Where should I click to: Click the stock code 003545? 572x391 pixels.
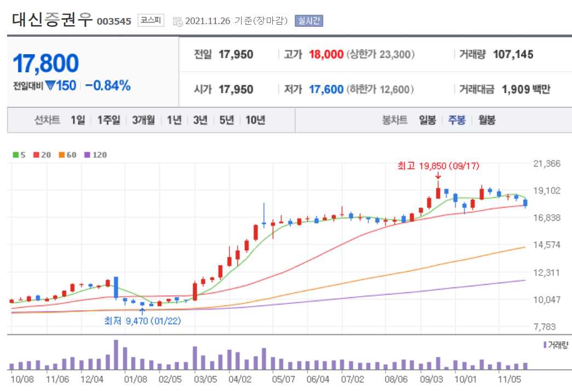click(x=114, y=21)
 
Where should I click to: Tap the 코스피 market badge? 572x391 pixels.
click(x=151, y=21)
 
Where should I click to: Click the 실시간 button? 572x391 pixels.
click(x=309, y=21)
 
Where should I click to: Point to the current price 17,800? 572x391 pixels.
click(x=45, y=64)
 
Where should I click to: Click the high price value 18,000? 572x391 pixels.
click(x=326, y=54)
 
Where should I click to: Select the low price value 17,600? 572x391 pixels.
click(x=326, y=89)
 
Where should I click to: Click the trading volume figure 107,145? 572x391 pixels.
click(x=513, y=54)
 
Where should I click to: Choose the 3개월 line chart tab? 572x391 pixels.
click(x=144, y=120)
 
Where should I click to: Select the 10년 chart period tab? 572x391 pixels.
click(x=255, y=120)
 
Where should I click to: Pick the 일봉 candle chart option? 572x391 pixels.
click(x=427, y=120)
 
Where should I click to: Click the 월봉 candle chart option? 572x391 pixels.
click(x=487, y=120)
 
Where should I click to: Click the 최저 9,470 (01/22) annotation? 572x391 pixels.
click(x=142, y=321)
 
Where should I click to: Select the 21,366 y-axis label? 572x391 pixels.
click(x=546, y=164)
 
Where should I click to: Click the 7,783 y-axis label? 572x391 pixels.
click(x=546, y=327)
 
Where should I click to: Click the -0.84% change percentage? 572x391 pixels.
click(x=107, y=85)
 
